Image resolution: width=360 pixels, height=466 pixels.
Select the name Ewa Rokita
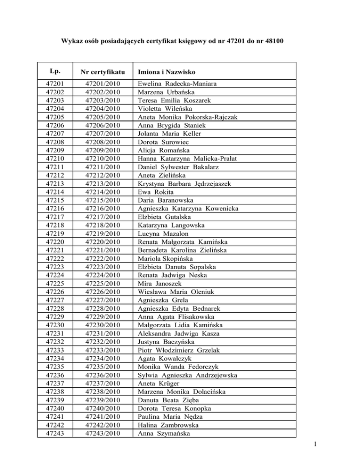[x=153, y=192]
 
